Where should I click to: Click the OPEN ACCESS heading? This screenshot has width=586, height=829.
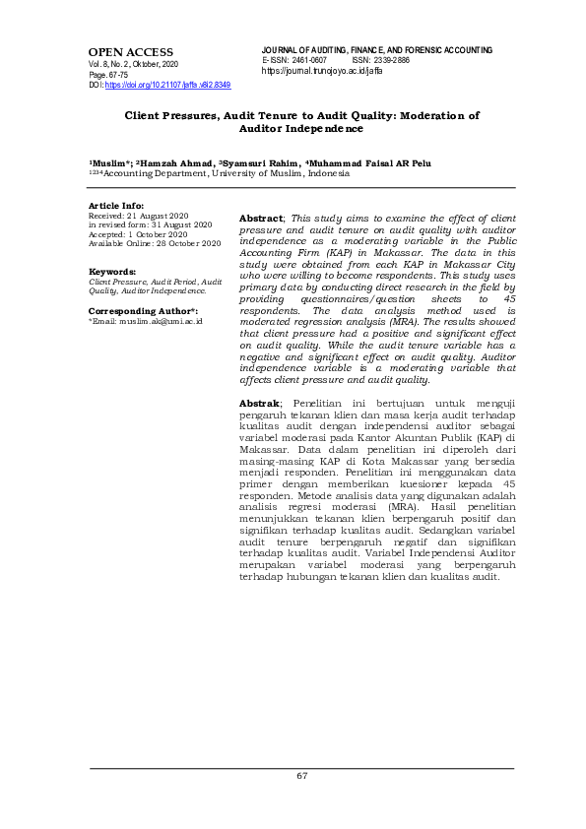130,52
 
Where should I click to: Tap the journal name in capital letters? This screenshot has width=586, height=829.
377,50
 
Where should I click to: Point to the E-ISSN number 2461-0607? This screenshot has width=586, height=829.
309,61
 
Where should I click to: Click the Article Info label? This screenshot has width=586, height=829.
116,205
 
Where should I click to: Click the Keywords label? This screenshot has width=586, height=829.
112,271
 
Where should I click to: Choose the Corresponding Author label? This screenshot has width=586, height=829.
143,310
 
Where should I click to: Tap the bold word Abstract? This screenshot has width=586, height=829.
261,217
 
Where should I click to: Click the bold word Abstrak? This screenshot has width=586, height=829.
260,431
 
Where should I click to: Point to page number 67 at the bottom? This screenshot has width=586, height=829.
302,776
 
